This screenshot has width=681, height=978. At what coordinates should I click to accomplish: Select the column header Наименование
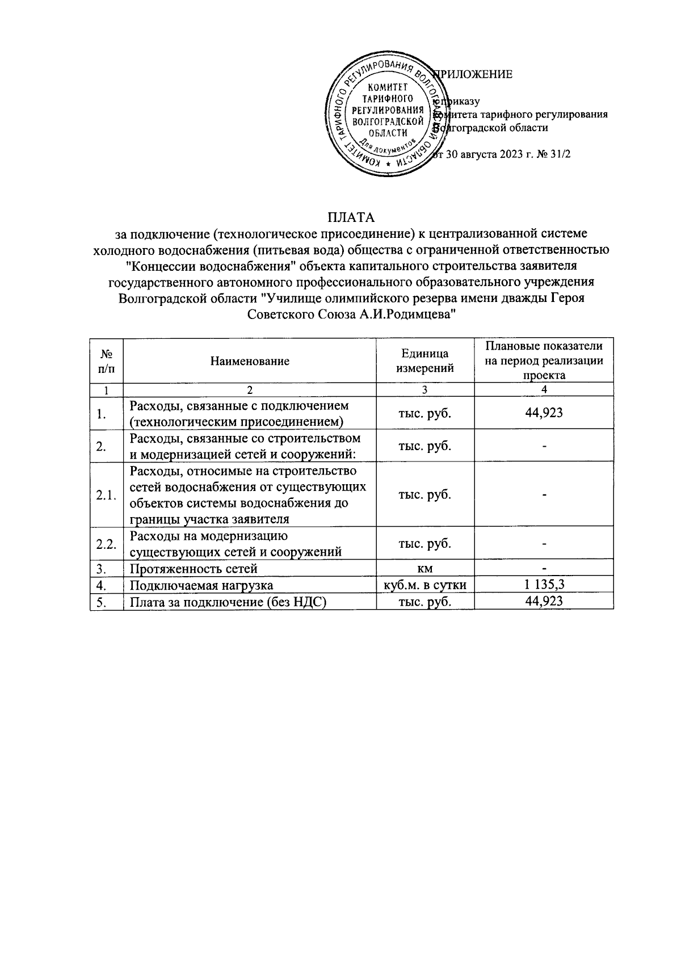250,361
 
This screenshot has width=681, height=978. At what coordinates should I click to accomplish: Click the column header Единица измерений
425,361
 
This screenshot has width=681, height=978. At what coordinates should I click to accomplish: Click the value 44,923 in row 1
544,413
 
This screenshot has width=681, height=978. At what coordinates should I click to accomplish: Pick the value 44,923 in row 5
544,602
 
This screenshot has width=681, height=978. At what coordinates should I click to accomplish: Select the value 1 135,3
544,585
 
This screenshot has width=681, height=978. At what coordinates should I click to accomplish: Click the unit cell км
425,568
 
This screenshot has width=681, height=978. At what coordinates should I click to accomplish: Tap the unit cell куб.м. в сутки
425,585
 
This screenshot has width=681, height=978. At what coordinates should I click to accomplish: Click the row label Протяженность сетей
194,569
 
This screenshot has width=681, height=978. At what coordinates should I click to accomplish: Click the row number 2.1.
106,495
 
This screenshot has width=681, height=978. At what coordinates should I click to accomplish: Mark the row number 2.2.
106,544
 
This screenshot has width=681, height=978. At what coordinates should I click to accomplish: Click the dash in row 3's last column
544,568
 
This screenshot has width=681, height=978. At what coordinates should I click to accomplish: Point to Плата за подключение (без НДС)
229,602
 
